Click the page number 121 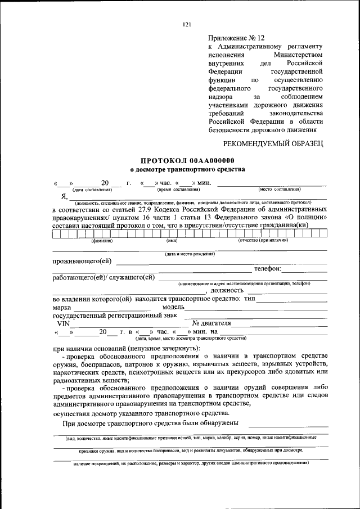[x=187, y=24]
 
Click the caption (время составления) [x=179, y=190]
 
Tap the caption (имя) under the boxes [x=172, y=240]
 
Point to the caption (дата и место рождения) [x=189, y=254]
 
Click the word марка [x=62, y=308]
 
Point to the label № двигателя [x=211, y=323]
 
